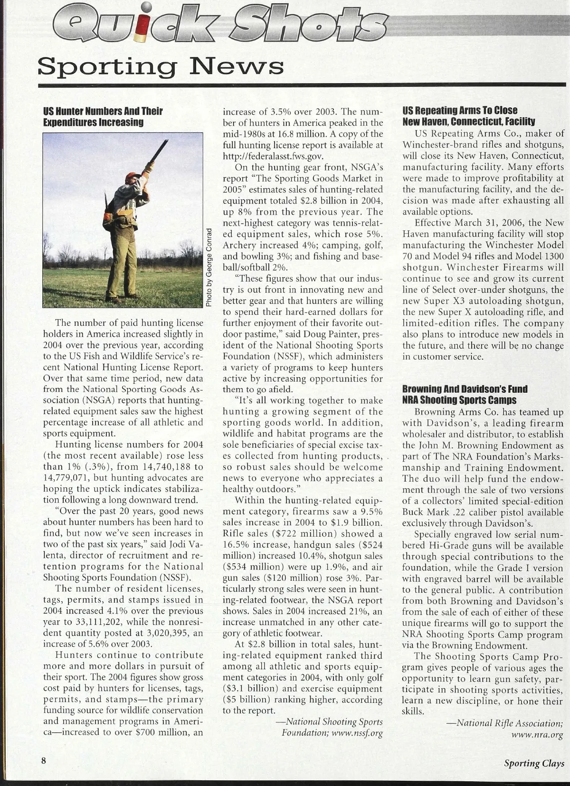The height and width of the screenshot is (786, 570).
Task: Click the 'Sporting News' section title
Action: coord(161,67)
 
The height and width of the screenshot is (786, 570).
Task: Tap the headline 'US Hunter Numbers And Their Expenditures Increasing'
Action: coord(103,117)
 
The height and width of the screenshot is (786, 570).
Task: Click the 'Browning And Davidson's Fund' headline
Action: coord(465,395)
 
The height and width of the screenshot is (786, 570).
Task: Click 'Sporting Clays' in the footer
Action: coord(534,763)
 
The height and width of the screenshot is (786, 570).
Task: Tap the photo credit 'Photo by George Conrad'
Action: coord(209,267)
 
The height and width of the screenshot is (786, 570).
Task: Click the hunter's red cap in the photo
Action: coord(130,177)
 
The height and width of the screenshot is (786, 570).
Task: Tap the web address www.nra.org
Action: coord(537,735)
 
